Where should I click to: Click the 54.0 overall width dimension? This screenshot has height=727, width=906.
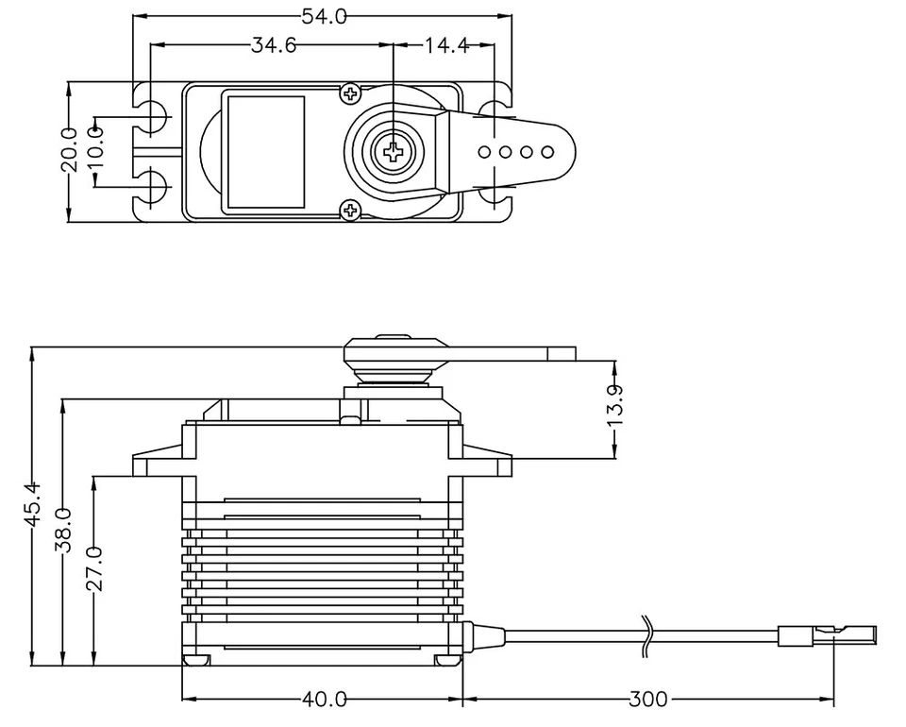tap(323, 16)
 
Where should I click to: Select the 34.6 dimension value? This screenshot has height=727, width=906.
tap(273, 44)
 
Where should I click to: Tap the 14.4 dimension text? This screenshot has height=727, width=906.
tap(446, 44)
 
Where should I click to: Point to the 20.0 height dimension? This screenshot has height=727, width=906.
tap(69, 151)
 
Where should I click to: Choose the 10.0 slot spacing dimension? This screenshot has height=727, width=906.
tap(95, 151)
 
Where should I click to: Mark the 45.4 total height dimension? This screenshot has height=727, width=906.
tap(33, 502)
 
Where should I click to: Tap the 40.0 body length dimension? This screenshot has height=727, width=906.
tap(324, 700)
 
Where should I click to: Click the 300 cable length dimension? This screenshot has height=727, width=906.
tap(648, 700)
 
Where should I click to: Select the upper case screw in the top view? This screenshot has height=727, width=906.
tap(350, 93)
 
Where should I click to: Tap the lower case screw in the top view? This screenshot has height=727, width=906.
tap(350, 210)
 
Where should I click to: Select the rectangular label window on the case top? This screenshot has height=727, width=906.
tap(263, 151)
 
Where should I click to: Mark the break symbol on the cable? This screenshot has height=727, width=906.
tap(646, 634)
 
